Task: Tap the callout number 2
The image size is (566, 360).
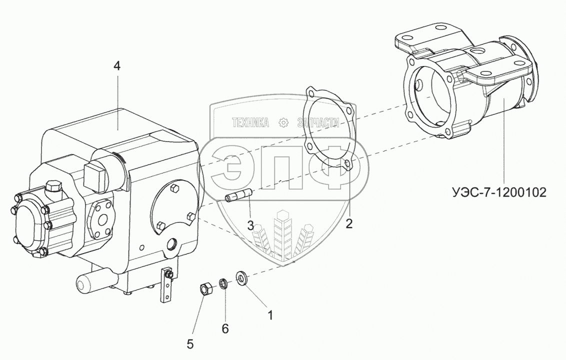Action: [x=349, y=223]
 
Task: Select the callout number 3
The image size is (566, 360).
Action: [x=250, y=225]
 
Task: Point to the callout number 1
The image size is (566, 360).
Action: [x=270, y=315]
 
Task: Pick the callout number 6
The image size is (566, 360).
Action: [x=225, y=328]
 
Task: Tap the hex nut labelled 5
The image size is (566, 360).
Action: [x=204, y=288]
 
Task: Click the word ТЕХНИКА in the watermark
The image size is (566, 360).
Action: [x=249, y=122]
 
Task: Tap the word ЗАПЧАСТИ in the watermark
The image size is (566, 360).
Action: [x=318, y=122]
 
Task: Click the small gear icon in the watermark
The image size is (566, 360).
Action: [x=283, y=122]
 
